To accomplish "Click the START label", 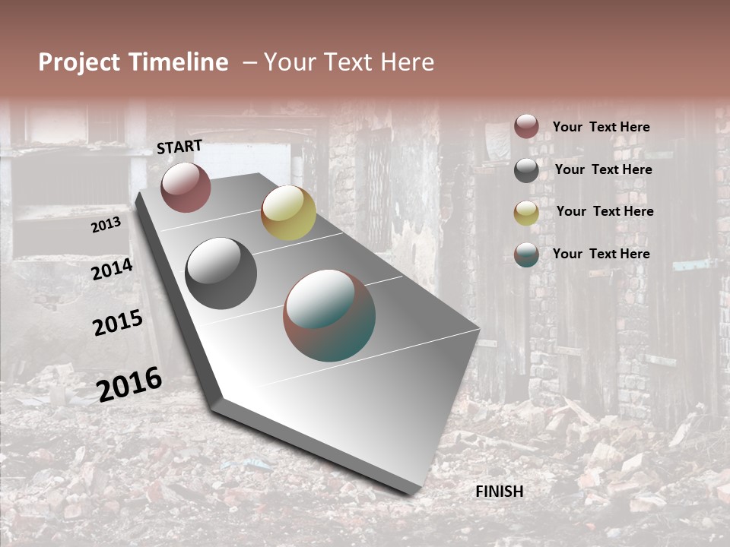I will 179,147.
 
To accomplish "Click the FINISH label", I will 499,492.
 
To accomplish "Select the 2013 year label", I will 106,225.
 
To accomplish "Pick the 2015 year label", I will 118,323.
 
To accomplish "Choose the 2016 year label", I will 129,384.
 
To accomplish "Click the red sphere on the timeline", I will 186,187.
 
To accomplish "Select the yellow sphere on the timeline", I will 288,213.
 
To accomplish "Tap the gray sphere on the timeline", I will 221,273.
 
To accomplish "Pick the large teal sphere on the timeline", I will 329,315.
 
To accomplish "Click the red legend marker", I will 526,126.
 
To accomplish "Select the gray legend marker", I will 526,170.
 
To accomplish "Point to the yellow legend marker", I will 526,213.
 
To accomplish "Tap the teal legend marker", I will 526,255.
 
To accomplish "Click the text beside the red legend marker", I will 601,128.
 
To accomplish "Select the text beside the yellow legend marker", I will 605,211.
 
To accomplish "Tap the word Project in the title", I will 78,62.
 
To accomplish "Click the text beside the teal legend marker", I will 601,254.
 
